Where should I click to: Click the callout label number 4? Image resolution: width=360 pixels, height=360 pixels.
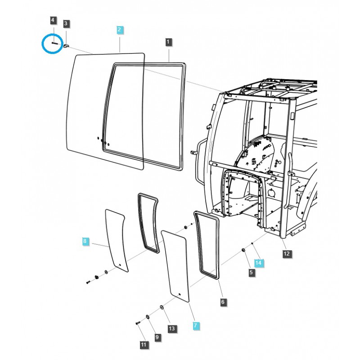53,20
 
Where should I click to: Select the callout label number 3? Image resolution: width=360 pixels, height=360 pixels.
66,23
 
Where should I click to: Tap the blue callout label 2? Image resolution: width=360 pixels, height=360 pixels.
120,30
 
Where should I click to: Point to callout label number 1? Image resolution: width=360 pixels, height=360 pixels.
168,42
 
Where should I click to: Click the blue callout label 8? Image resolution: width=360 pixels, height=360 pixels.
85,241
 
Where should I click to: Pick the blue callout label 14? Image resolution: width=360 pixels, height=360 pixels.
258,263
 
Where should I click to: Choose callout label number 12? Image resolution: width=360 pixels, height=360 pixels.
287,254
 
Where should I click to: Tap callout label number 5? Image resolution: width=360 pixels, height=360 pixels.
251,272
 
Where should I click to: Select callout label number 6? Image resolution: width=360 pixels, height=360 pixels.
223,301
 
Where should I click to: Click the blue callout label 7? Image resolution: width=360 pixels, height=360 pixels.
196,325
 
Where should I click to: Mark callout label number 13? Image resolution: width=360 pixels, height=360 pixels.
172,328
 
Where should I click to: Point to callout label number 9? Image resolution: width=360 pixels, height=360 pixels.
157,337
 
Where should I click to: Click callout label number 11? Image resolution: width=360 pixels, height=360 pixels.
144,345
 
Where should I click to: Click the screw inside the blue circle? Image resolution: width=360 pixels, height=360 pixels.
55,43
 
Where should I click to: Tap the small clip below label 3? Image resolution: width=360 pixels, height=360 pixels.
66,46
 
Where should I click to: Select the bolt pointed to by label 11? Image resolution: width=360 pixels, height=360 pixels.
138,323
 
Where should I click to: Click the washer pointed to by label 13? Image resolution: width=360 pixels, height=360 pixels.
162,307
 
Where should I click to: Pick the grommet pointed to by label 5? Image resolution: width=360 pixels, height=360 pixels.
243,250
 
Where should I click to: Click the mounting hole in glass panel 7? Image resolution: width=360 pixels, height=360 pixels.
180,294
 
